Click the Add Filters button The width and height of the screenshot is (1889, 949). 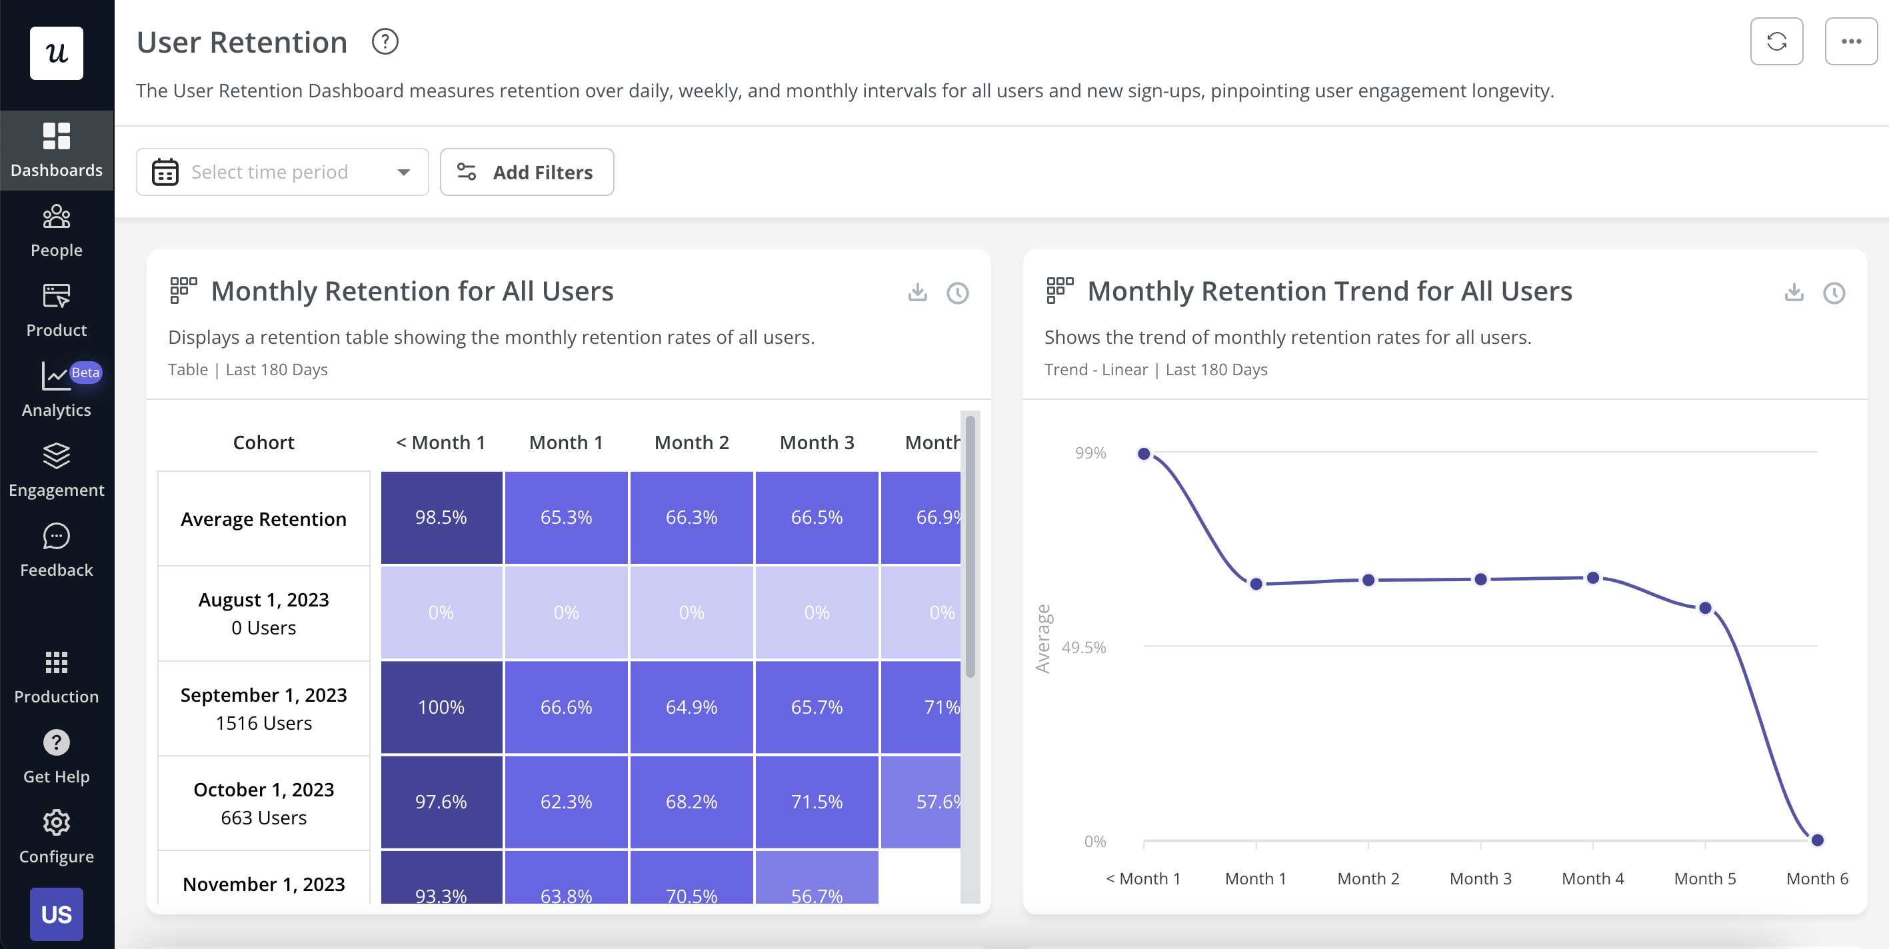(527, 172)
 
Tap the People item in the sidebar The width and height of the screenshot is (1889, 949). (57, 231)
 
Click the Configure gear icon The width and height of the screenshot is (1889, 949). (57, 822)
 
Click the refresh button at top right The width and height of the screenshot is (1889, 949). (1776, 41)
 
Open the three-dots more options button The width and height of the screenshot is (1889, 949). (1850, 41)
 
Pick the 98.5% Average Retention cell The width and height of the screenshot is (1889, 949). (441, 518)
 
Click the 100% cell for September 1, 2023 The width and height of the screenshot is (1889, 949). (441, 708)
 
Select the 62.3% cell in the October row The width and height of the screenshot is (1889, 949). (565, 802)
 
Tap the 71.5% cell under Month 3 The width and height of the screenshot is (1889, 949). (816, 802)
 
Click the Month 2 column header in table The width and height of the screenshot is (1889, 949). (691, 443)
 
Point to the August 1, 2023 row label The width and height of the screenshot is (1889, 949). (263, 613)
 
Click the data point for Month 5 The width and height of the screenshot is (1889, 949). (1705, 608)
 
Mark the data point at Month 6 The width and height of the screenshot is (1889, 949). (1816, 840)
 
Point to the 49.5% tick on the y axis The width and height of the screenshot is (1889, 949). (1083, 647)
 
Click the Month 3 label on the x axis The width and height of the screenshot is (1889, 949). (1480, 878)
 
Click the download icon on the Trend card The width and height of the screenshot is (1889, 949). (1794, 293)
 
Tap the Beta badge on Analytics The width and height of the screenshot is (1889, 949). (85, 373)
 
